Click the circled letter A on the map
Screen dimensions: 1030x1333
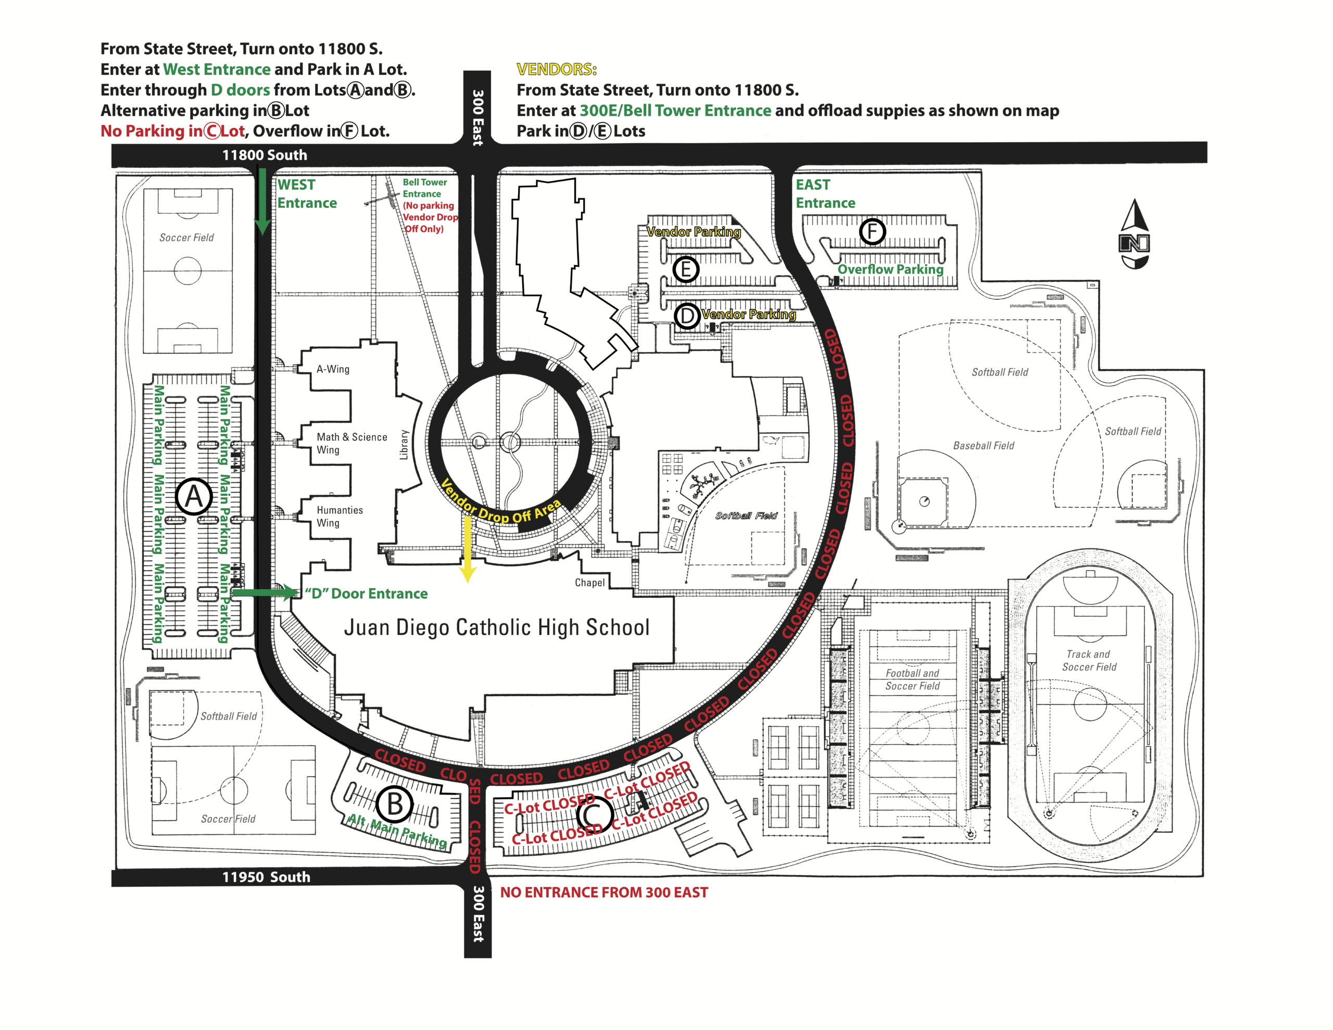click(x=194, y=496)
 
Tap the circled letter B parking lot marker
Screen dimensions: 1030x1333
click(x=395, y=804)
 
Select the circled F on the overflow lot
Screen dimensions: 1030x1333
click(x=872, y=231)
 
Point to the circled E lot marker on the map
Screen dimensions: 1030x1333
click(x=685, y=269)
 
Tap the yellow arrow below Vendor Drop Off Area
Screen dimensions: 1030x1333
click(x=467, y=549)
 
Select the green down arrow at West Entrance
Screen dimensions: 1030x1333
click(x=262, y=202)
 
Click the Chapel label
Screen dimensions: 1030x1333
click(x=589, y=583)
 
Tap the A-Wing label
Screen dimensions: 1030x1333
click(x=333, y=369)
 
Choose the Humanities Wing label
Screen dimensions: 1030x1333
click(x=339, y=516)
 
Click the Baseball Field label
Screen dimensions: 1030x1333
click(x=983, y=446)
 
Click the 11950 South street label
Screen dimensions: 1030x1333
click(x=266, y=877)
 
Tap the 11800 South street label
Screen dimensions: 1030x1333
click(x=265, y=155)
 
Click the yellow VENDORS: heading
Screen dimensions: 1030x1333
click(x=556, y=69)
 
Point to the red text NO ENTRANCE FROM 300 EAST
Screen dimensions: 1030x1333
click(x=603, y=892)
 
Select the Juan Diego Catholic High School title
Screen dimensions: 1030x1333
click(x=496, y=627)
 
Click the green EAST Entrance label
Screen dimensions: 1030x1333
click(x=825, y=194)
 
